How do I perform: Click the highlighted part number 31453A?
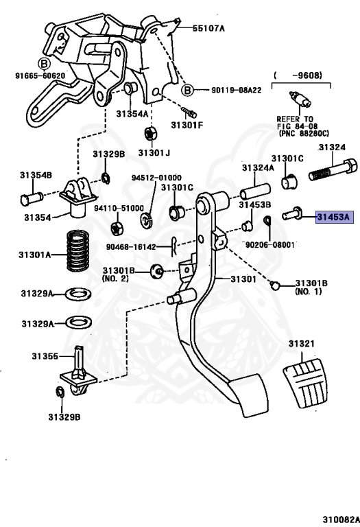pyautogui.click(x=335, y=217)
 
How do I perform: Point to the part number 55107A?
pyautogui.click(x=208, y=28)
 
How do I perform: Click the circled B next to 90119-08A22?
pyautogui.click(x=187, y=90)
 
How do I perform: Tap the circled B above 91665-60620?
pyautogui.click(x=44, y=64)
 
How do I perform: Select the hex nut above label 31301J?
pyautogui.click(x=149, y=133)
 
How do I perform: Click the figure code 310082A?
pyautogui.click(x=341, y=519)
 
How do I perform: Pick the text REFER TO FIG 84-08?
pyautogui.click(x=296, y=123)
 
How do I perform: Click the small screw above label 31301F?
pyautogui.click(x=189, y=113)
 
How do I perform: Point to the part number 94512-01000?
pyautogui.click(x=156, y=178)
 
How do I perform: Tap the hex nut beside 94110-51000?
pyautogui.click(x=117, y=229)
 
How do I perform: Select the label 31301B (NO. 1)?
pyautogui.click(x=311, y=288)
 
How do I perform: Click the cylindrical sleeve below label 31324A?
pyautogui.click(x=255, y=191)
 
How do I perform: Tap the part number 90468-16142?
pyautogui.click(x=131, y=247)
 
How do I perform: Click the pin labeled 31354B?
pyautogui.click(x=32, y=198)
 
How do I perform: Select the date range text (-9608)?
pyautogui.click(x=298, y=75)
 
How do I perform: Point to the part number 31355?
pyautogui.click(x=45, y=356)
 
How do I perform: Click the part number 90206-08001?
pyautogui.click(x=270, y=245)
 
